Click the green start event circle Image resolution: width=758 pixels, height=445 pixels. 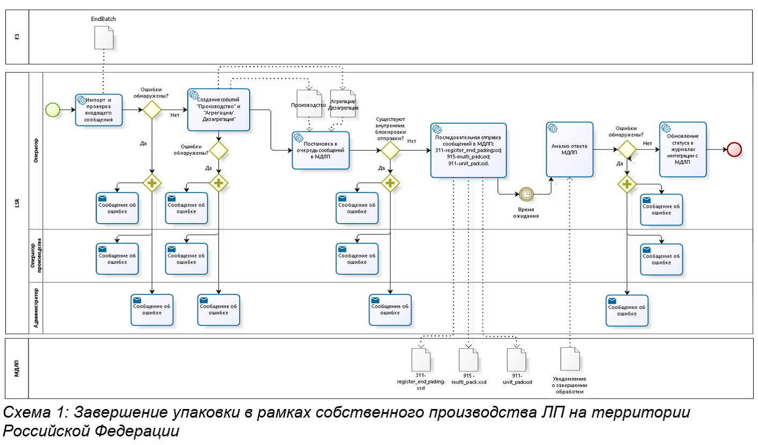(x=53, y=110)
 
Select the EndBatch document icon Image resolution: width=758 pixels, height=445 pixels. (x=104, y=38)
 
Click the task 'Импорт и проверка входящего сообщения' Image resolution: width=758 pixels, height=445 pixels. (x=99, y=110)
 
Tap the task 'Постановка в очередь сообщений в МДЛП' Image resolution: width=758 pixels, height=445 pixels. (x=320, y=150)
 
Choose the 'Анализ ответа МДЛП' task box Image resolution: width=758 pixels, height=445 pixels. (x=570, y=149)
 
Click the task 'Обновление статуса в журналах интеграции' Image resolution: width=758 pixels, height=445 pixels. (x=683, y=149)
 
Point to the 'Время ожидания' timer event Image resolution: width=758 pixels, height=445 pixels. (x=526, y=194)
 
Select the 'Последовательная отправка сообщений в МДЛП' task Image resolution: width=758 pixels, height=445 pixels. (x=468, y=150)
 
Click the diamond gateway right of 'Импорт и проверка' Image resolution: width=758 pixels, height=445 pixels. (x=152, y=110)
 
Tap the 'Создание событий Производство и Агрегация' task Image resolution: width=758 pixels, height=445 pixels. (x=218, y=110)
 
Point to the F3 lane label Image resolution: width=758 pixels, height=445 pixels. (x=17, y=37)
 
